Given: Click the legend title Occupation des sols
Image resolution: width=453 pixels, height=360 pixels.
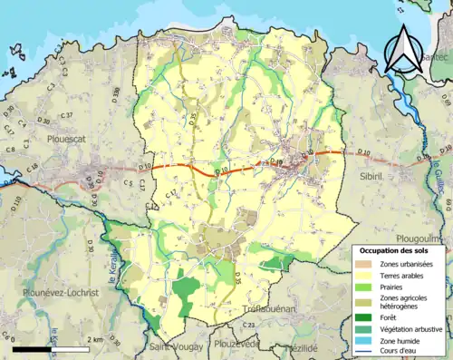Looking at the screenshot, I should [400, 249].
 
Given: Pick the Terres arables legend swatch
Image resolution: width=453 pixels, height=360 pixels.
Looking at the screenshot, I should [367, 275].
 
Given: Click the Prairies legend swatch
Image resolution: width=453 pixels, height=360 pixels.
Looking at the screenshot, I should [367, 287].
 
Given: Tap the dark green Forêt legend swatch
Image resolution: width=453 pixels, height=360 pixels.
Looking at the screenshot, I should [367, 316].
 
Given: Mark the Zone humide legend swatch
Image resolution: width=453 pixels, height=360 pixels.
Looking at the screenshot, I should [367, 340].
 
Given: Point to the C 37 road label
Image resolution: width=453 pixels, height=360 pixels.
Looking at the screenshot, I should [65, 115].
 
